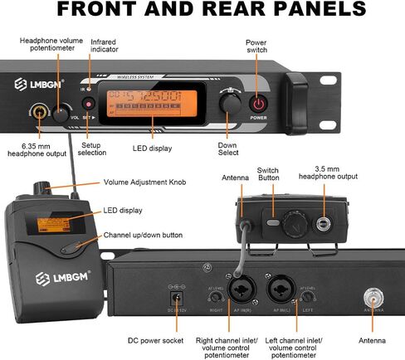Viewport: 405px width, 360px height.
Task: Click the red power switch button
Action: [260, 104]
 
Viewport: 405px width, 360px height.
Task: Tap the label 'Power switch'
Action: [257, 46]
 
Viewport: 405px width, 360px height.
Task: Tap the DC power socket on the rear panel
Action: [176, 298]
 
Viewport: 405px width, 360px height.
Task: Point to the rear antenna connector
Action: [373, 295]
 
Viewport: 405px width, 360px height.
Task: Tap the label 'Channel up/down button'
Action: [143, 236]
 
